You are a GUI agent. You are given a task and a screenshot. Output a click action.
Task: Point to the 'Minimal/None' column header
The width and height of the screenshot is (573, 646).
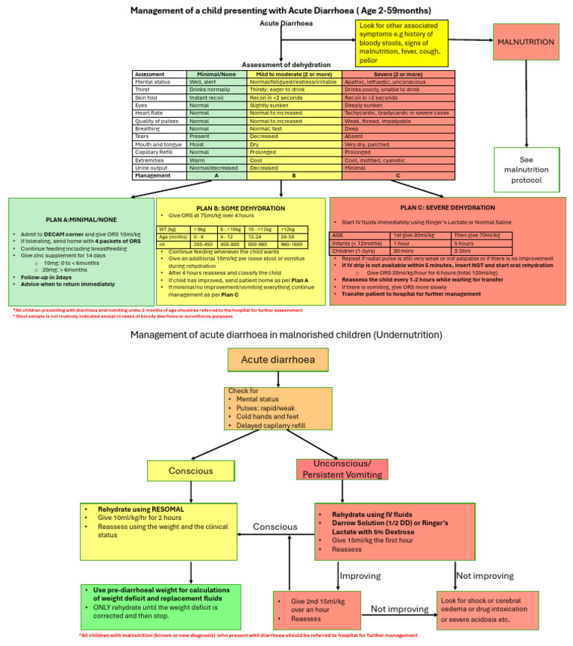[217, 75]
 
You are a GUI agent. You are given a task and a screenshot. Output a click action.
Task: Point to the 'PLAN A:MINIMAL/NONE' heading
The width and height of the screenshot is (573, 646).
[81, 220]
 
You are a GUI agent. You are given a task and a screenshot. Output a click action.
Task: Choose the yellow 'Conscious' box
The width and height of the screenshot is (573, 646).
[191, 470]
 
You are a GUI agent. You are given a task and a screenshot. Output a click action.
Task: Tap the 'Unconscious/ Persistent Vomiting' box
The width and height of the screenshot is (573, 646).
[342, 469]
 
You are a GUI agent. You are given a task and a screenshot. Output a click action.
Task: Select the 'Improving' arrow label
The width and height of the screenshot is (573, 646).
[360, 575]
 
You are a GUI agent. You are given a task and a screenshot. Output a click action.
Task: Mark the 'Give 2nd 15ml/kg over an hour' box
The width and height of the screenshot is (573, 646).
[316, 614]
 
